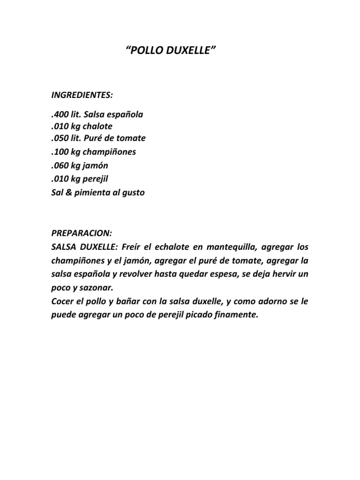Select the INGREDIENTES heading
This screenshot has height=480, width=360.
(82, 95)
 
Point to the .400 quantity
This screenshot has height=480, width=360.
(60, 114)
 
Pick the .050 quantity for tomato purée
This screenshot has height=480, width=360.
(60, 138)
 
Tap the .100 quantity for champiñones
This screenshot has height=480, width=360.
(60, 152)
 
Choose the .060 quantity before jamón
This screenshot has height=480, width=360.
(60, 165)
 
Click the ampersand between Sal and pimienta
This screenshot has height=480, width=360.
(68, 193)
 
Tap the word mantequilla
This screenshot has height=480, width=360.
(234, 247)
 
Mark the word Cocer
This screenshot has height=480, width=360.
(62, 301)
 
